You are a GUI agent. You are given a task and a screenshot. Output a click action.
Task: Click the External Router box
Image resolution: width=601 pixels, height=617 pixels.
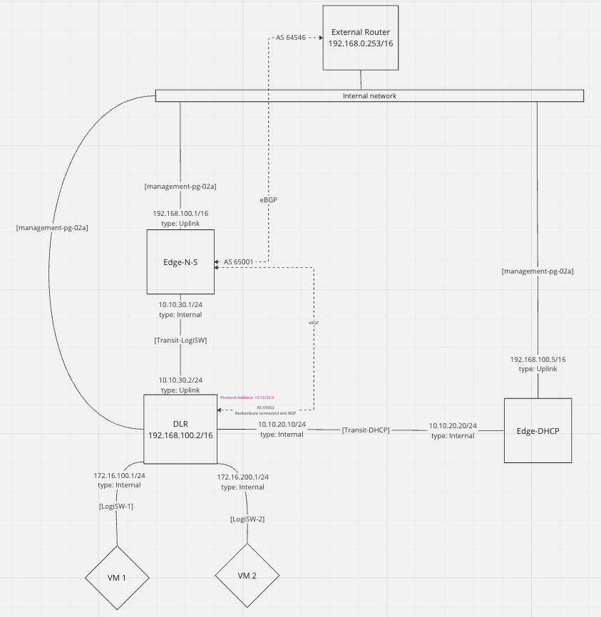359,38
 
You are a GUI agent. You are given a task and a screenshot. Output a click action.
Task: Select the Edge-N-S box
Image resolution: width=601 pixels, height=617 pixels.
180,261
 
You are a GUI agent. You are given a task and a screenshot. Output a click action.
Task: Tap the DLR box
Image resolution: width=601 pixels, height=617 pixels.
180,429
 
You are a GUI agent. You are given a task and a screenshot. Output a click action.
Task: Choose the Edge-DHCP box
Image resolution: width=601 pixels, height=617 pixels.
537,430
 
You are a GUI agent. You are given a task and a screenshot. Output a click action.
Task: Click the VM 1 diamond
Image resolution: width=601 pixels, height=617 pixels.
117,577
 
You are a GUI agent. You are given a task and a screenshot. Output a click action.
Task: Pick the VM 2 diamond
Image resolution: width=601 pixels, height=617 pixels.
247,575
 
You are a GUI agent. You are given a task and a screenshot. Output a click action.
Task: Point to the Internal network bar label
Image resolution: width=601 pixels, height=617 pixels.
369,95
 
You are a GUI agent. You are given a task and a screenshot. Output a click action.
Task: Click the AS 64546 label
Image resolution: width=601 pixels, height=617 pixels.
290,37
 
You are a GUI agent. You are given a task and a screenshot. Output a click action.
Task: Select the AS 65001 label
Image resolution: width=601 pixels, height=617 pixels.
239,262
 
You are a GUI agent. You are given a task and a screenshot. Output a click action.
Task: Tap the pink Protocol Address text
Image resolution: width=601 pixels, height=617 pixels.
247,398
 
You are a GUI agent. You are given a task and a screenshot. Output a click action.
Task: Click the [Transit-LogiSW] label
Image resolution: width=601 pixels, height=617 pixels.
180,341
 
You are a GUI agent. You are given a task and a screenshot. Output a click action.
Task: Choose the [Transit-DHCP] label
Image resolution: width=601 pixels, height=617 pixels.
366,430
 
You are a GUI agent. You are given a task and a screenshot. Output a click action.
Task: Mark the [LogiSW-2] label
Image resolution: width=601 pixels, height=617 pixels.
247,519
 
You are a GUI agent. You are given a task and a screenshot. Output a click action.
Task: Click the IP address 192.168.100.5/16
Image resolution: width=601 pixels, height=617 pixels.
538,360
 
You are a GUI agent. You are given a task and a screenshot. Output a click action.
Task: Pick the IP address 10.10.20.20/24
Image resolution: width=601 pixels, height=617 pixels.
453,426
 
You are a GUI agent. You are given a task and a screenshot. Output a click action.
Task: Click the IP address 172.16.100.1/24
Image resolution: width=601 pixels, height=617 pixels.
119,475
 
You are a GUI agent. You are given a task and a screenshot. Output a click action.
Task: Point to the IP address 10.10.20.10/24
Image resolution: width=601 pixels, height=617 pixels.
282,425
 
